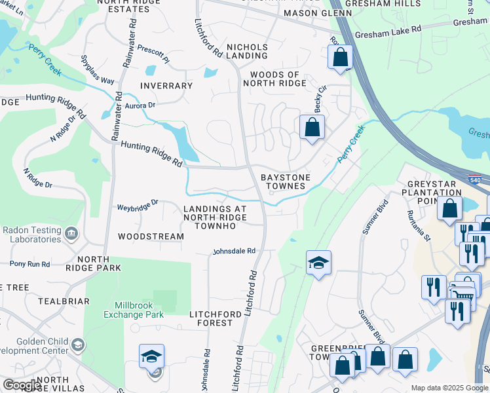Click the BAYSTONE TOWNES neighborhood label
pyautogui.click(x=283, y=181)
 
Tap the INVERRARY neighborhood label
pyautogui.click(x=166, y=86)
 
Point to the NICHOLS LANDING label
pyautogui.click(x=247, y=52)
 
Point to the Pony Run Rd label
pyautogui.click(x=29, y=264)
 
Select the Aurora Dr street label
pyautogui.click(x=140, y=105)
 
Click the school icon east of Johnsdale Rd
pyautogui.click(x=318, y=263)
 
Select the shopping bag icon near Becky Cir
pyautogui.click(x=312, y=126)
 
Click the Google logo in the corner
pyautogui.click(x=22, y=385)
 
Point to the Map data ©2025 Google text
pyautogui.click(x=449, y=388)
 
